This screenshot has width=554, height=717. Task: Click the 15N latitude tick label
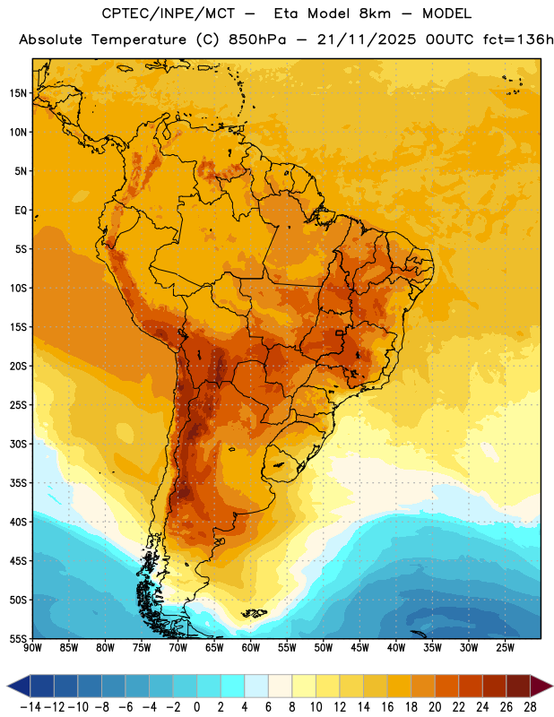pos(18,93)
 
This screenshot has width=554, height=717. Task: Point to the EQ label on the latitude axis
pos(21,211)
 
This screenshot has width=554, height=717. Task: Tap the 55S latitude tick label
pos(18,638)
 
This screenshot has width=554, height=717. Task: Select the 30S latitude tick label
pos(18,444)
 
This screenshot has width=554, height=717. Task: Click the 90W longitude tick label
pos(32,647)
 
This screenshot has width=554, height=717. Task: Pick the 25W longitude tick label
pos(505,647)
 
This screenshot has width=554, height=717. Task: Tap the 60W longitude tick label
pos(251,647)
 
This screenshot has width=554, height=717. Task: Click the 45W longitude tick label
pos(359,647)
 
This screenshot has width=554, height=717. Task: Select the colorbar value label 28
pos(530,707)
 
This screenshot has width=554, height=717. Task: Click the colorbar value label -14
pos(30,707)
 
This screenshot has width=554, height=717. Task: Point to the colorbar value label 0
pos(196,707)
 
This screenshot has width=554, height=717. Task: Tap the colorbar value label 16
pos(387,707)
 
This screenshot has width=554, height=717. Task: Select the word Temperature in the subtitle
pos(139,39)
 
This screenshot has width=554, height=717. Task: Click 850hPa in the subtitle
pos(257,39)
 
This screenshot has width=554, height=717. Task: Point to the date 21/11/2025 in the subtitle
pos(367,39)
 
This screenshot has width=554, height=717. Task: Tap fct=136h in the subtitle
pos(518,39)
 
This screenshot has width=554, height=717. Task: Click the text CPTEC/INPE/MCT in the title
pos(169,13)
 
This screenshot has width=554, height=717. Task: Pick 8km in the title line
pos(375,13)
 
